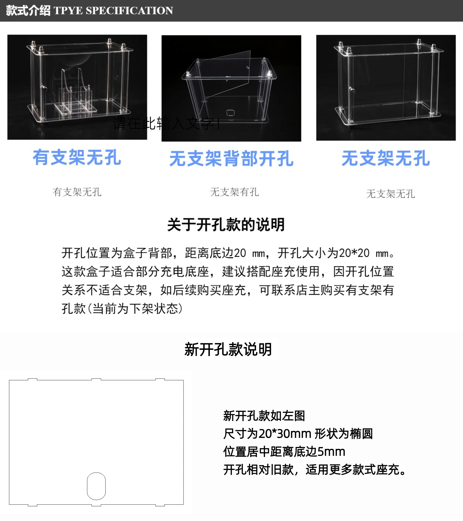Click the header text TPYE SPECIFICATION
click(x=113, y=10)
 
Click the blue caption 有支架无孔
click(x=77, y=157)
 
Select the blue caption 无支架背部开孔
click(x=232, y=158)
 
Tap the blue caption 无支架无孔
click(x=386, y=158)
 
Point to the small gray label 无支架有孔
click(x=234, y=192)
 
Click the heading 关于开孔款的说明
click(x=226, y=225)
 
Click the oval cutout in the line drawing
click(x=96, y=486)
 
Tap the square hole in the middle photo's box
click(x=231, y=113)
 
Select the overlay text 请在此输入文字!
click(x=167, y=124)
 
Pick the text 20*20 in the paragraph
click(x=354, y=253)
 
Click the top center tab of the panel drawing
click(x=96, y=379)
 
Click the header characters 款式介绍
click(x=28, y=10)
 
